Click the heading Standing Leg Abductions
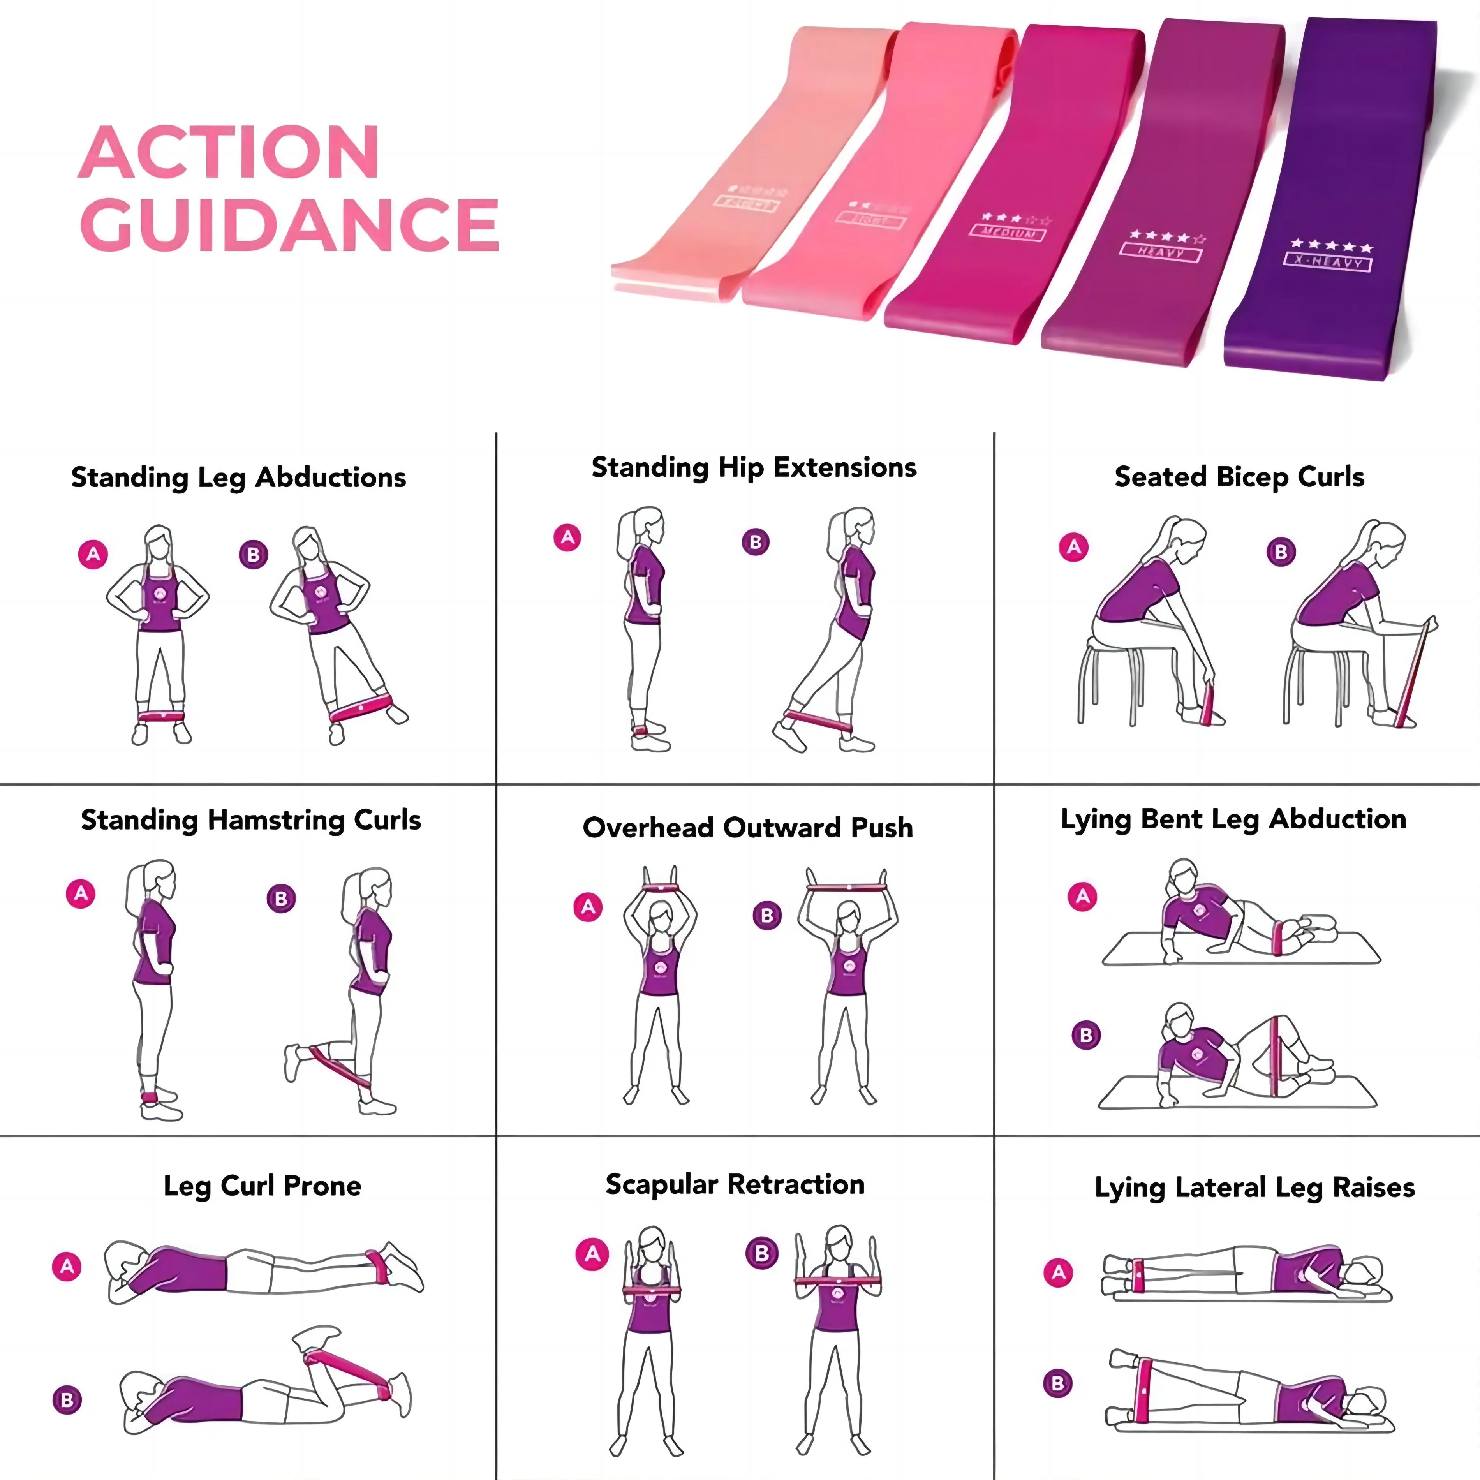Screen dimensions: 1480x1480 click(238, 477)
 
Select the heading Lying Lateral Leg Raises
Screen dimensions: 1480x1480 click(1254, 1188)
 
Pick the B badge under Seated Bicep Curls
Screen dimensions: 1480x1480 click(1281, 551)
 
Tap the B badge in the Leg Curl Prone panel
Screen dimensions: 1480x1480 click(67, 1399)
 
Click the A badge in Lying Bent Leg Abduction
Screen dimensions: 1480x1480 click(1082, 896)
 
